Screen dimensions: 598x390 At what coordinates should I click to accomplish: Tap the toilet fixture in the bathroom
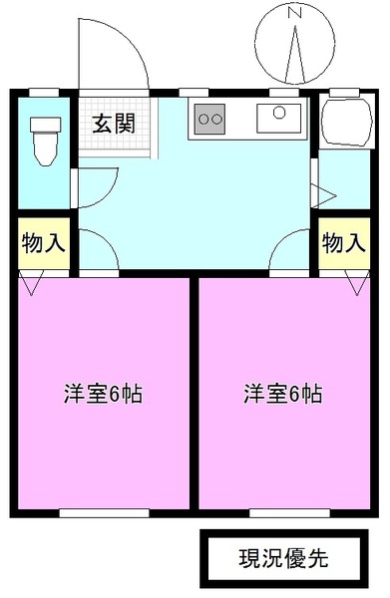(x=43, y=141)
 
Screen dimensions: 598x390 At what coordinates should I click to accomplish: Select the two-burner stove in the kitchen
(x=210, y=119)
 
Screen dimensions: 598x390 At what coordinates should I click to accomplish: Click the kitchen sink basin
(x=278, y=120)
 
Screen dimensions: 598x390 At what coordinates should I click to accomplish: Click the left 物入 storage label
(x=43, y=243)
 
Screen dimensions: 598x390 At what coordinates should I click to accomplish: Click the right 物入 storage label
(x=342, y=243)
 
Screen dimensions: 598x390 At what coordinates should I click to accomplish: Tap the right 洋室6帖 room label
(x=282, y=393)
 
